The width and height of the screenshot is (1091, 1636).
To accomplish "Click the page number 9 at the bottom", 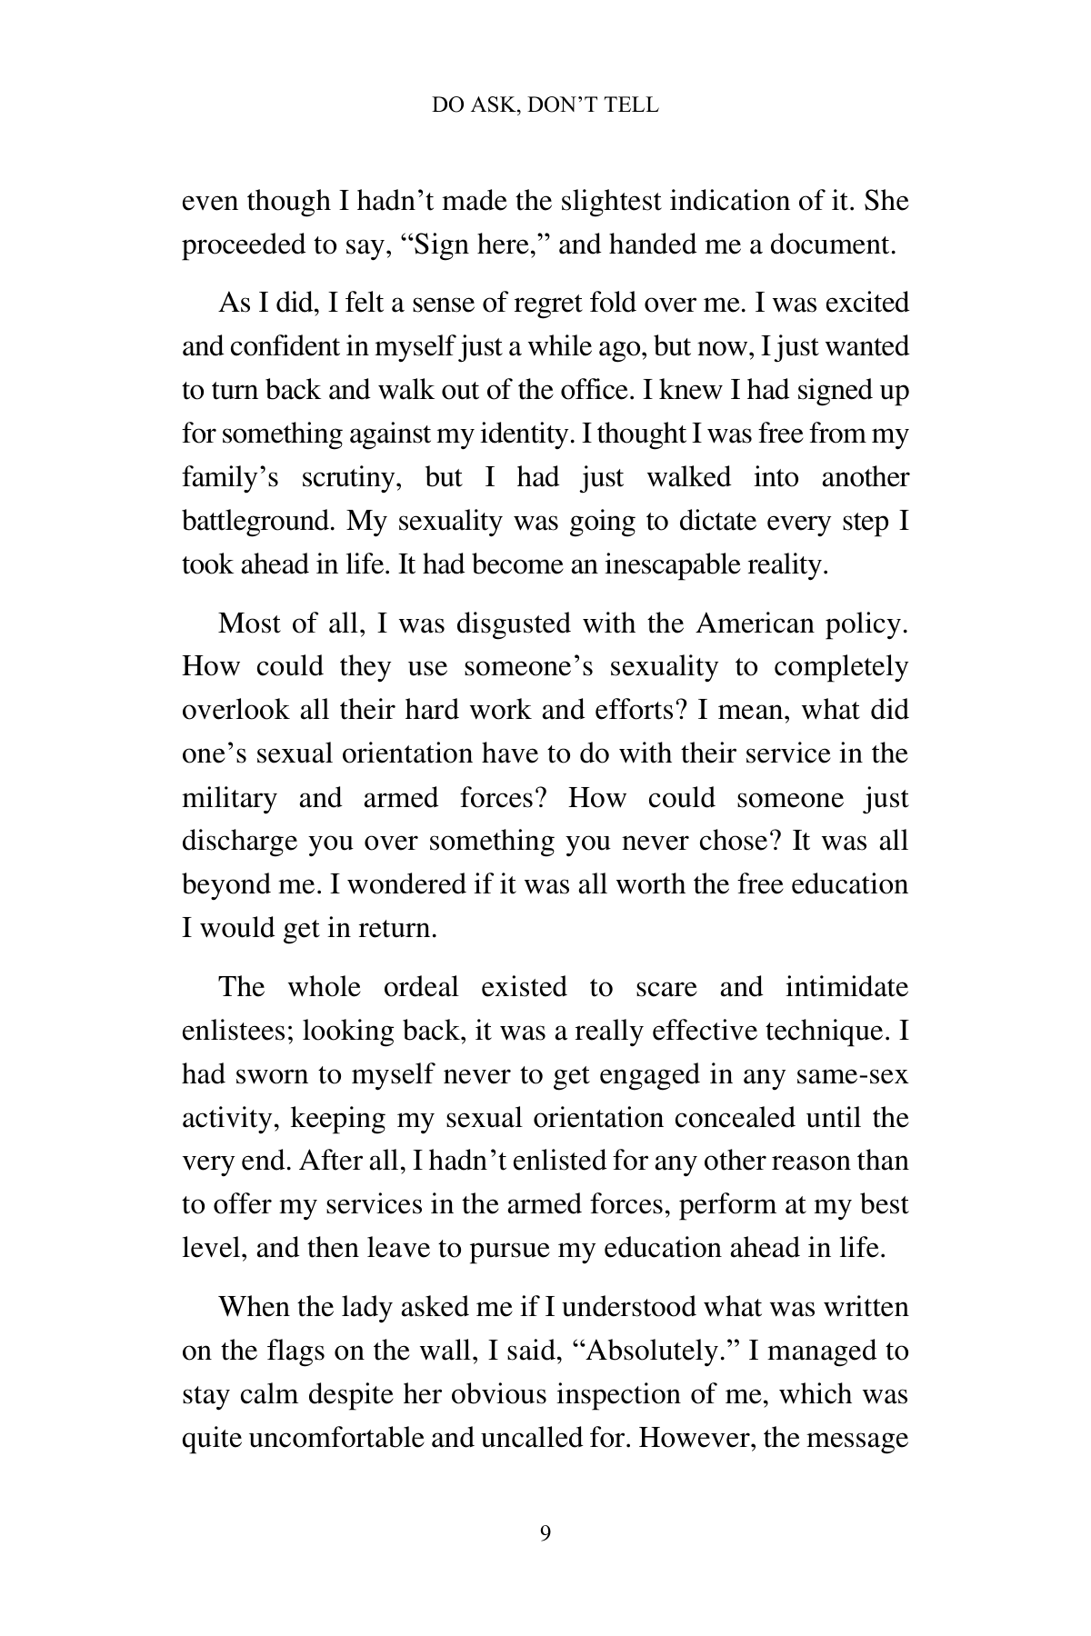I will click(545, 1533).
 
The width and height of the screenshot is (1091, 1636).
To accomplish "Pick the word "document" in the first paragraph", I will click(832, 245).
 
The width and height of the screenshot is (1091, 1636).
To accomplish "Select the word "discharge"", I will click(239, 842).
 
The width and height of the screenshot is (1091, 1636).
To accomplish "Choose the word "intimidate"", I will click(846, 987).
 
